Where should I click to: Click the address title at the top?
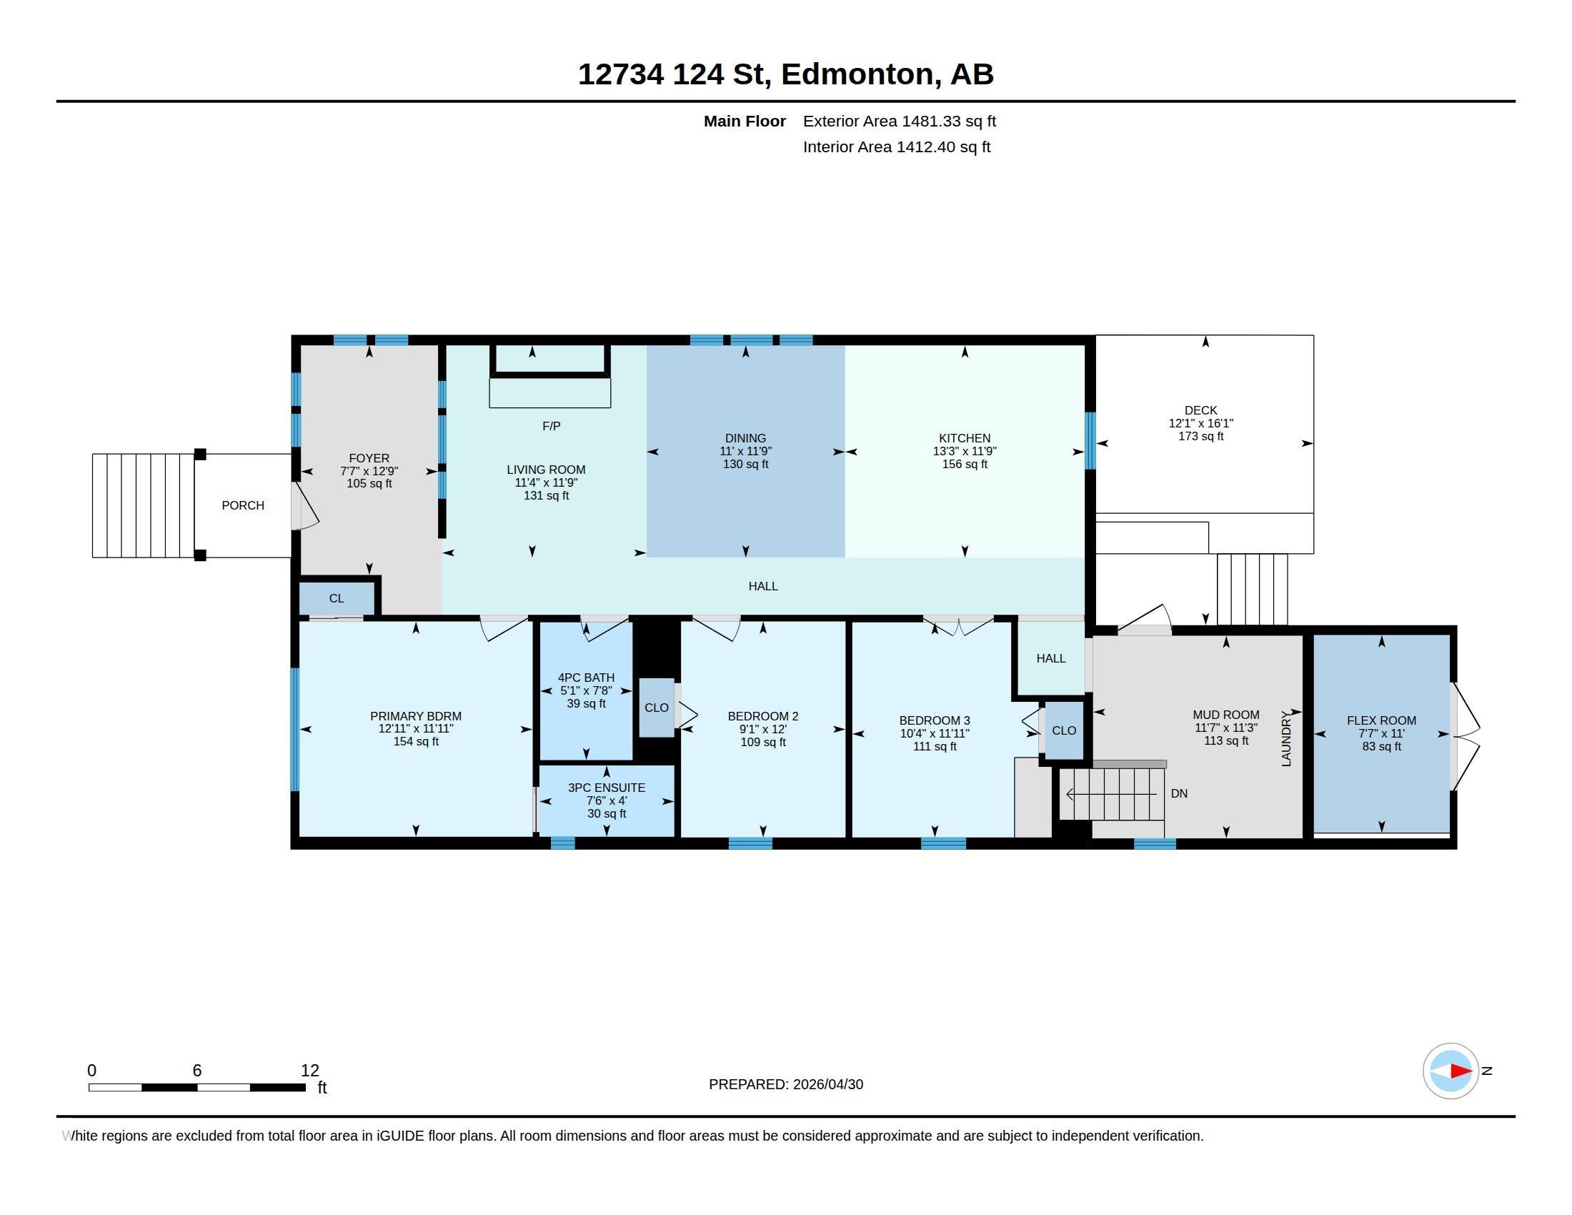tap(785, 74)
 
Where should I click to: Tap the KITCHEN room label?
tap(965, 438)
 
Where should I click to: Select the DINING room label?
tap(745, 438)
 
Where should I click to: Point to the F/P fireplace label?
tap(552, 426)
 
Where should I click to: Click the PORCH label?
tap(242, 505)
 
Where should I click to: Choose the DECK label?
tap(1200, 410)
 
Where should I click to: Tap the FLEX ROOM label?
tap(1381, 720)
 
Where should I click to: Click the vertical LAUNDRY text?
tap(1286, 738)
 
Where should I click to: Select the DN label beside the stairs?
tap(1179, 793)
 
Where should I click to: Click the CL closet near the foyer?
tap(336, 598)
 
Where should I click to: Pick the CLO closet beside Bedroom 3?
tap(1064, 730)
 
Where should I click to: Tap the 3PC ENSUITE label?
tap(607, 788)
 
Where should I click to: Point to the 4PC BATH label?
tap(586, 678)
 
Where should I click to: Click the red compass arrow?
tap(1461, 1071)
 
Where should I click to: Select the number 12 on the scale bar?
tap(309, 1071)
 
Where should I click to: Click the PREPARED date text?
tap(786, 1084)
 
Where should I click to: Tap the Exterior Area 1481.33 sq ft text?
tap(900, 121)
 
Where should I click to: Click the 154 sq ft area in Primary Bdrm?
tap(416, 741)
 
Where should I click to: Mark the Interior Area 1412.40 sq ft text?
tap(897, 147)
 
